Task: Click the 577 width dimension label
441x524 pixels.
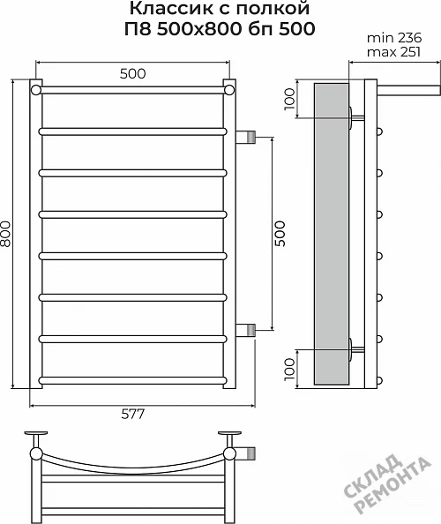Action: tap(132, 415)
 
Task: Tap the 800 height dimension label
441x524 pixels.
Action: tap(5, 234)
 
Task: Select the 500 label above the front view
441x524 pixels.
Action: tap(132, 73)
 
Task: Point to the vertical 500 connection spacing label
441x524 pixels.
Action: tap(280, 234)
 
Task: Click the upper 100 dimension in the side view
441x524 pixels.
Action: tap(289, 99)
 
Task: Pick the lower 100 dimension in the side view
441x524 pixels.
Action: tap(289, 369)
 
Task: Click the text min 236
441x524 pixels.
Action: tap(394, 38)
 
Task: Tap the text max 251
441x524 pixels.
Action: tap(393, 52)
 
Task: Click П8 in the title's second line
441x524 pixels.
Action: tap(138, 29)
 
